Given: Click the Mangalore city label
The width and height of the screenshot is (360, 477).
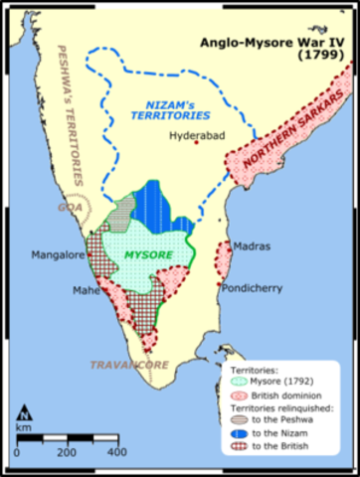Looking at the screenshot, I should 58,254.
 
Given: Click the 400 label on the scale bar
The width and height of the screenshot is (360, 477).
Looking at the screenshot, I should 116,452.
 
